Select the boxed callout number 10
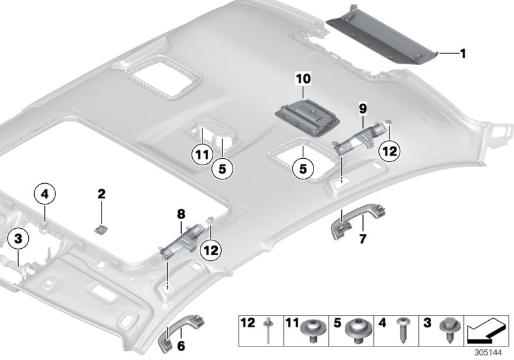[303, 78]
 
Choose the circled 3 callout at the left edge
[19, 239]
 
